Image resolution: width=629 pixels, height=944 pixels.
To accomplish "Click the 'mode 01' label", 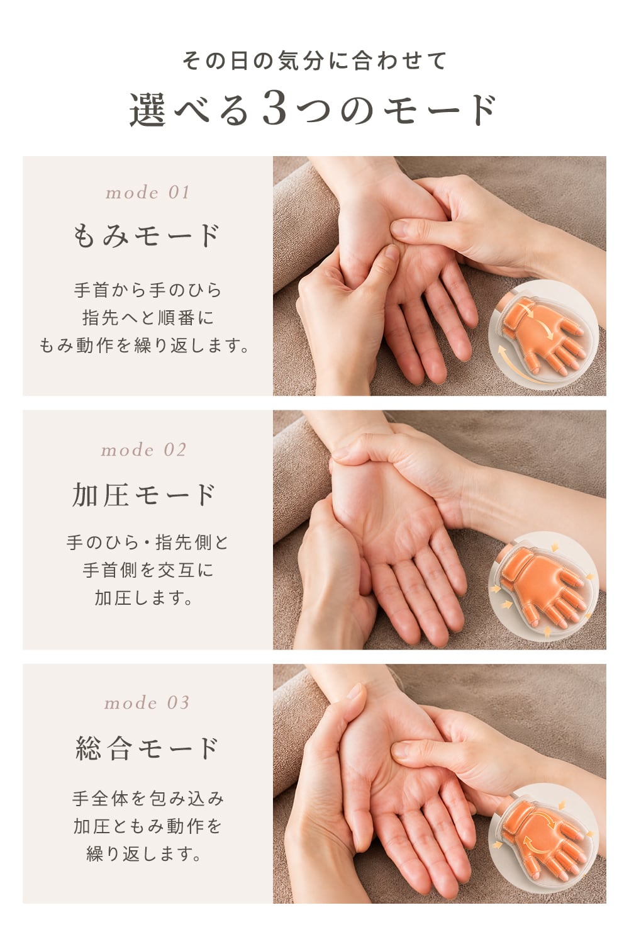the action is [x=147, y=193].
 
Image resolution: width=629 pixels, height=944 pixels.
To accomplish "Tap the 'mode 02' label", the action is [x=143, y=450].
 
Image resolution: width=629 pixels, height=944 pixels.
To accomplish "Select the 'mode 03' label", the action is [x=147, y=702].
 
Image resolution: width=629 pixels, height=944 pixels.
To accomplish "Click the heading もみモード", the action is [x=147, y=235].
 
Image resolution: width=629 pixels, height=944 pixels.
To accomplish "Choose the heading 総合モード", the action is [x=147, y=748].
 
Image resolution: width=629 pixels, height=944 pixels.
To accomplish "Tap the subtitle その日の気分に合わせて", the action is [x=314, y=60].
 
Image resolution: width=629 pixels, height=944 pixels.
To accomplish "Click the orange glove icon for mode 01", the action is [x=542, y=335].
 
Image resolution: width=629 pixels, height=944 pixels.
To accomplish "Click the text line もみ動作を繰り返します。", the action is [x=144, y=346].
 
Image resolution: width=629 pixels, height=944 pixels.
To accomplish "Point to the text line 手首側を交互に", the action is [x=148, y=570].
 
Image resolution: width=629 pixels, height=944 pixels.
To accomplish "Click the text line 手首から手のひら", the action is [x=147, y=290].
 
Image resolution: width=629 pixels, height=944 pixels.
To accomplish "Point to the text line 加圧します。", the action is [x=143, y=598].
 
